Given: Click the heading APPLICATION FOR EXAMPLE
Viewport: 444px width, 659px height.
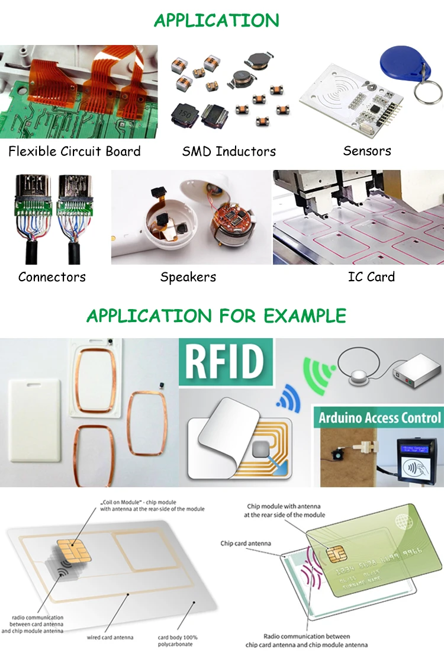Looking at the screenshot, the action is (x=216, y=316).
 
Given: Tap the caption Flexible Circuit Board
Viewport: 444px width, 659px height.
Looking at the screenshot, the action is (x=75, y=151).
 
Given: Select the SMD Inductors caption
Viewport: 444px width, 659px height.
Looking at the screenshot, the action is (x=229, y=151).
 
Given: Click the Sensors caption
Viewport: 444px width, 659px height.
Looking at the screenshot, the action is (x=367, y=151).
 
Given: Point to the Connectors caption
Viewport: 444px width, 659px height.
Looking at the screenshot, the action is (x=52, y=277).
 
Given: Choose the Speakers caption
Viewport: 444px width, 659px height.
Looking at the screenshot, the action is (x=188, y=277).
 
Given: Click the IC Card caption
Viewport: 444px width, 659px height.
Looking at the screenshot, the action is (x=371, y=277).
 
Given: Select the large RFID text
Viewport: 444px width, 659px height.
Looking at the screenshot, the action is (x=226, y=362).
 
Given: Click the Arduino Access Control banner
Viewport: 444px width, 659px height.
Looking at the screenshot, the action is (x=379, y=417).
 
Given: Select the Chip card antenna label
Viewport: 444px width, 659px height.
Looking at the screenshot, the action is (x=245, y=543).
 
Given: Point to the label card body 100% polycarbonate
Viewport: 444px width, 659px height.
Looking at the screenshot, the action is (x=178, y=641).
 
